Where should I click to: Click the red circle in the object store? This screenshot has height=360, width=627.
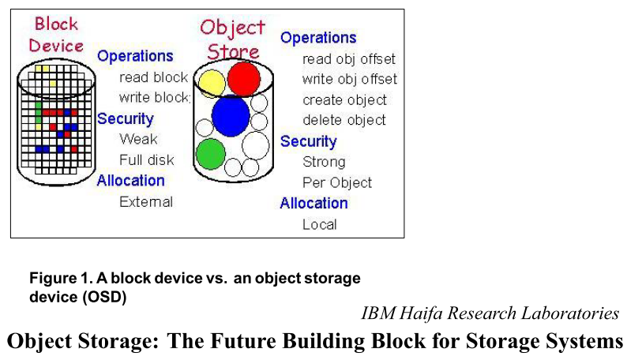click(x=243, y=77)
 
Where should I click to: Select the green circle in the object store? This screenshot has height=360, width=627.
click(x=211, y=153)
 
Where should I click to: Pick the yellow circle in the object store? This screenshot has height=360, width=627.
click(x=212, y=81)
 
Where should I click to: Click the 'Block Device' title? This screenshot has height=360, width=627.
click(x=56, y=34)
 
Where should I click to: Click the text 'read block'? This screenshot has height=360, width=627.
click(x=153, y=77)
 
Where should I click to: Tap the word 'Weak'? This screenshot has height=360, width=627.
click(x=138, y=139)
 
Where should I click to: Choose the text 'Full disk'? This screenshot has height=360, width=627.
click(x=147, y=159)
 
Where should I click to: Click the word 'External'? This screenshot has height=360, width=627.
click(x=146, y=201)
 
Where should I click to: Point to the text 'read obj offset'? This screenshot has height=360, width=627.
click(x=349, y=59)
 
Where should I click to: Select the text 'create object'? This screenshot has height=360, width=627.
click(x=344, y=100)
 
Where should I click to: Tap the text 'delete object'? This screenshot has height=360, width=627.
click(x=344, y=120)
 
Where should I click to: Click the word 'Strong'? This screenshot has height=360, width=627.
click(x=324, y=162)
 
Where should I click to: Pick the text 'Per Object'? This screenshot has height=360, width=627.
click(x=337, y=182)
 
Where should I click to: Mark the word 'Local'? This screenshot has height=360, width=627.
click(x=319, y=224)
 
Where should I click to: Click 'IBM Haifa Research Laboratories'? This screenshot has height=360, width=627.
click(x=490, y=313)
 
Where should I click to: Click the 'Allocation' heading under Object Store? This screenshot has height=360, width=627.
click(x=313, y=203)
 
